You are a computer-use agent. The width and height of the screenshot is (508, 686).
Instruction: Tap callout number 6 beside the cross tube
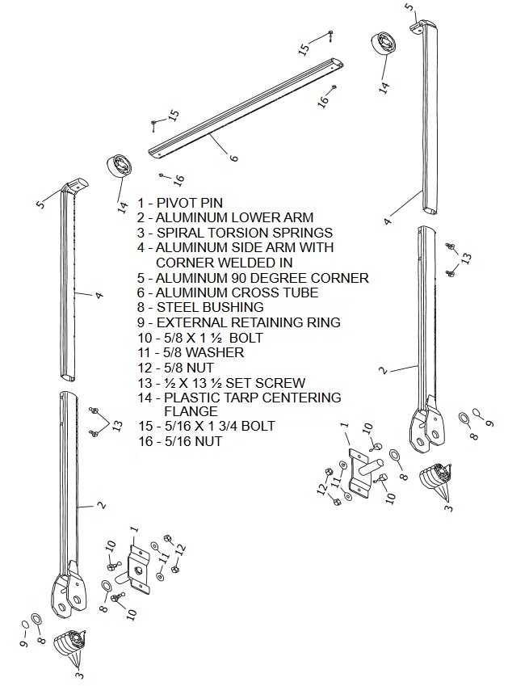click(x=234, y=157)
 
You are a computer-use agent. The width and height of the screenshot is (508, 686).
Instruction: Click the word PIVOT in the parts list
click(x=177, y=203)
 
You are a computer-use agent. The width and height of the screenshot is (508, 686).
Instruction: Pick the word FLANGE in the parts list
click(x=191, y=411)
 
